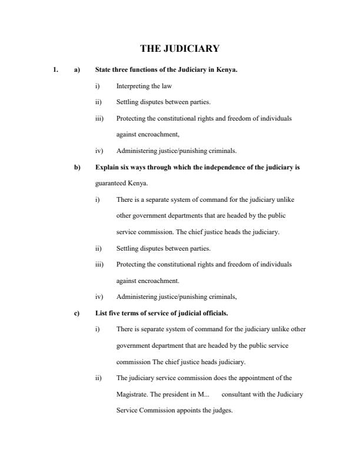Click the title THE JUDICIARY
coord(179,48)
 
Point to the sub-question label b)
coord(76,167)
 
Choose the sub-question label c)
coord(76,313)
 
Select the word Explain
coord(106,167)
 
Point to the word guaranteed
coord(111,183)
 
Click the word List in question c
coord(101,313)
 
